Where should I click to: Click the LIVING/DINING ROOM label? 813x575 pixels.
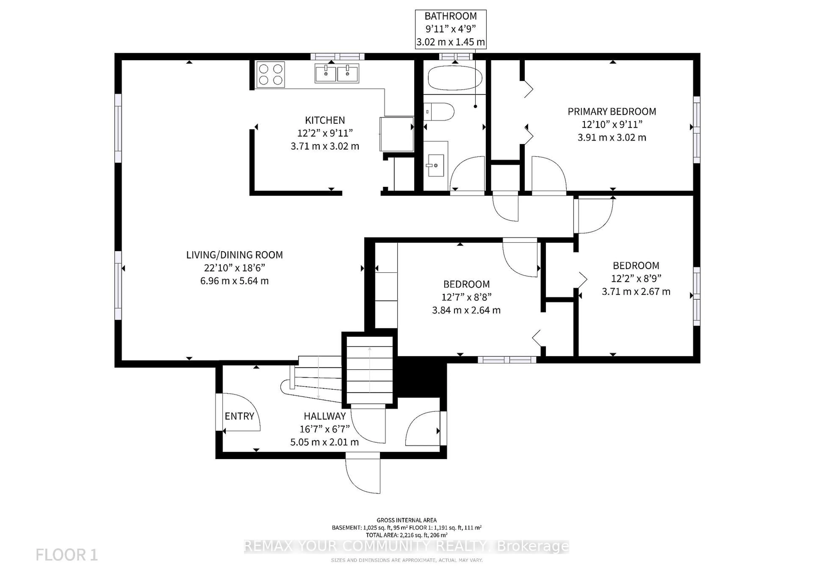point(234,255)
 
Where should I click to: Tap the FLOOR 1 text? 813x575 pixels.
point(66,555)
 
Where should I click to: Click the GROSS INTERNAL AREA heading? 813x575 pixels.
point(406,520)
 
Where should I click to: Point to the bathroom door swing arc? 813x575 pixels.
point(467,174)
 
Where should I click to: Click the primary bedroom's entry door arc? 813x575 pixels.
point(549,174)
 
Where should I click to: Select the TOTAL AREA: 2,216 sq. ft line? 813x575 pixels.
point(406,535)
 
